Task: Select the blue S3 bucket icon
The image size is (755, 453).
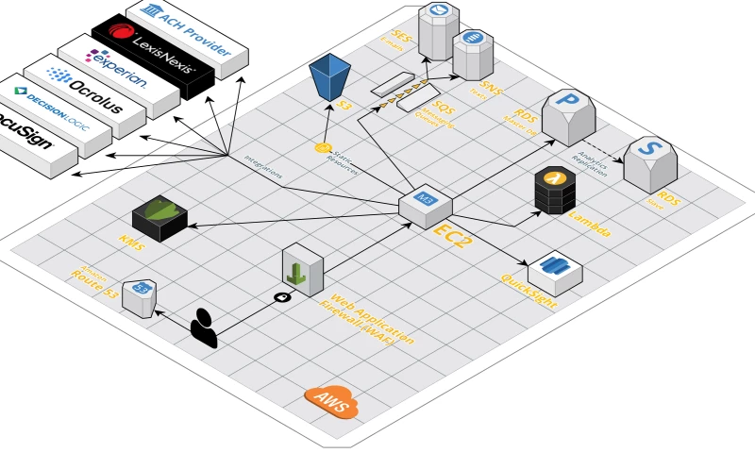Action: click(x=331, y=77)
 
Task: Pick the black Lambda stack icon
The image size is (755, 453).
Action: click(x=555, y=190)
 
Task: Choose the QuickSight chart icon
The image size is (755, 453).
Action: click(x=555, y=272)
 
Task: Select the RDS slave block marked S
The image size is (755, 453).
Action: click(x=650, y=161)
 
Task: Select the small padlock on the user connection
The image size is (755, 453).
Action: click(x=280, y=297)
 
